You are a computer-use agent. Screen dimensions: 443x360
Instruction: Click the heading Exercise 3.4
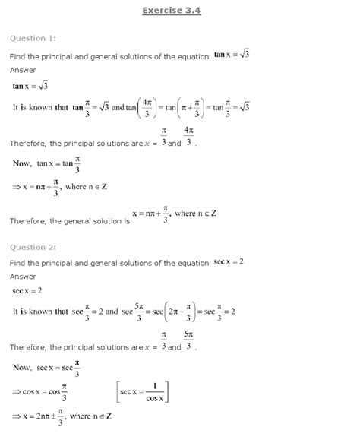pos(180,11)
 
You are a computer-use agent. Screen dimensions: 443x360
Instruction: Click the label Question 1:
pos(33,38)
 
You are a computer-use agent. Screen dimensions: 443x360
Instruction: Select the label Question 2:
pos(33,246)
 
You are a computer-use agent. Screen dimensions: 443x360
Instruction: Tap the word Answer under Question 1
pos(22,70)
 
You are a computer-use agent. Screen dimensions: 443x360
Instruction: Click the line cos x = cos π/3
pos(47,390)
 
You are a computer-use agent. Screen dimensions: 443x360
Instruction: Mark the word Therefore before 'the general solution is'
pos(30,220)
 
